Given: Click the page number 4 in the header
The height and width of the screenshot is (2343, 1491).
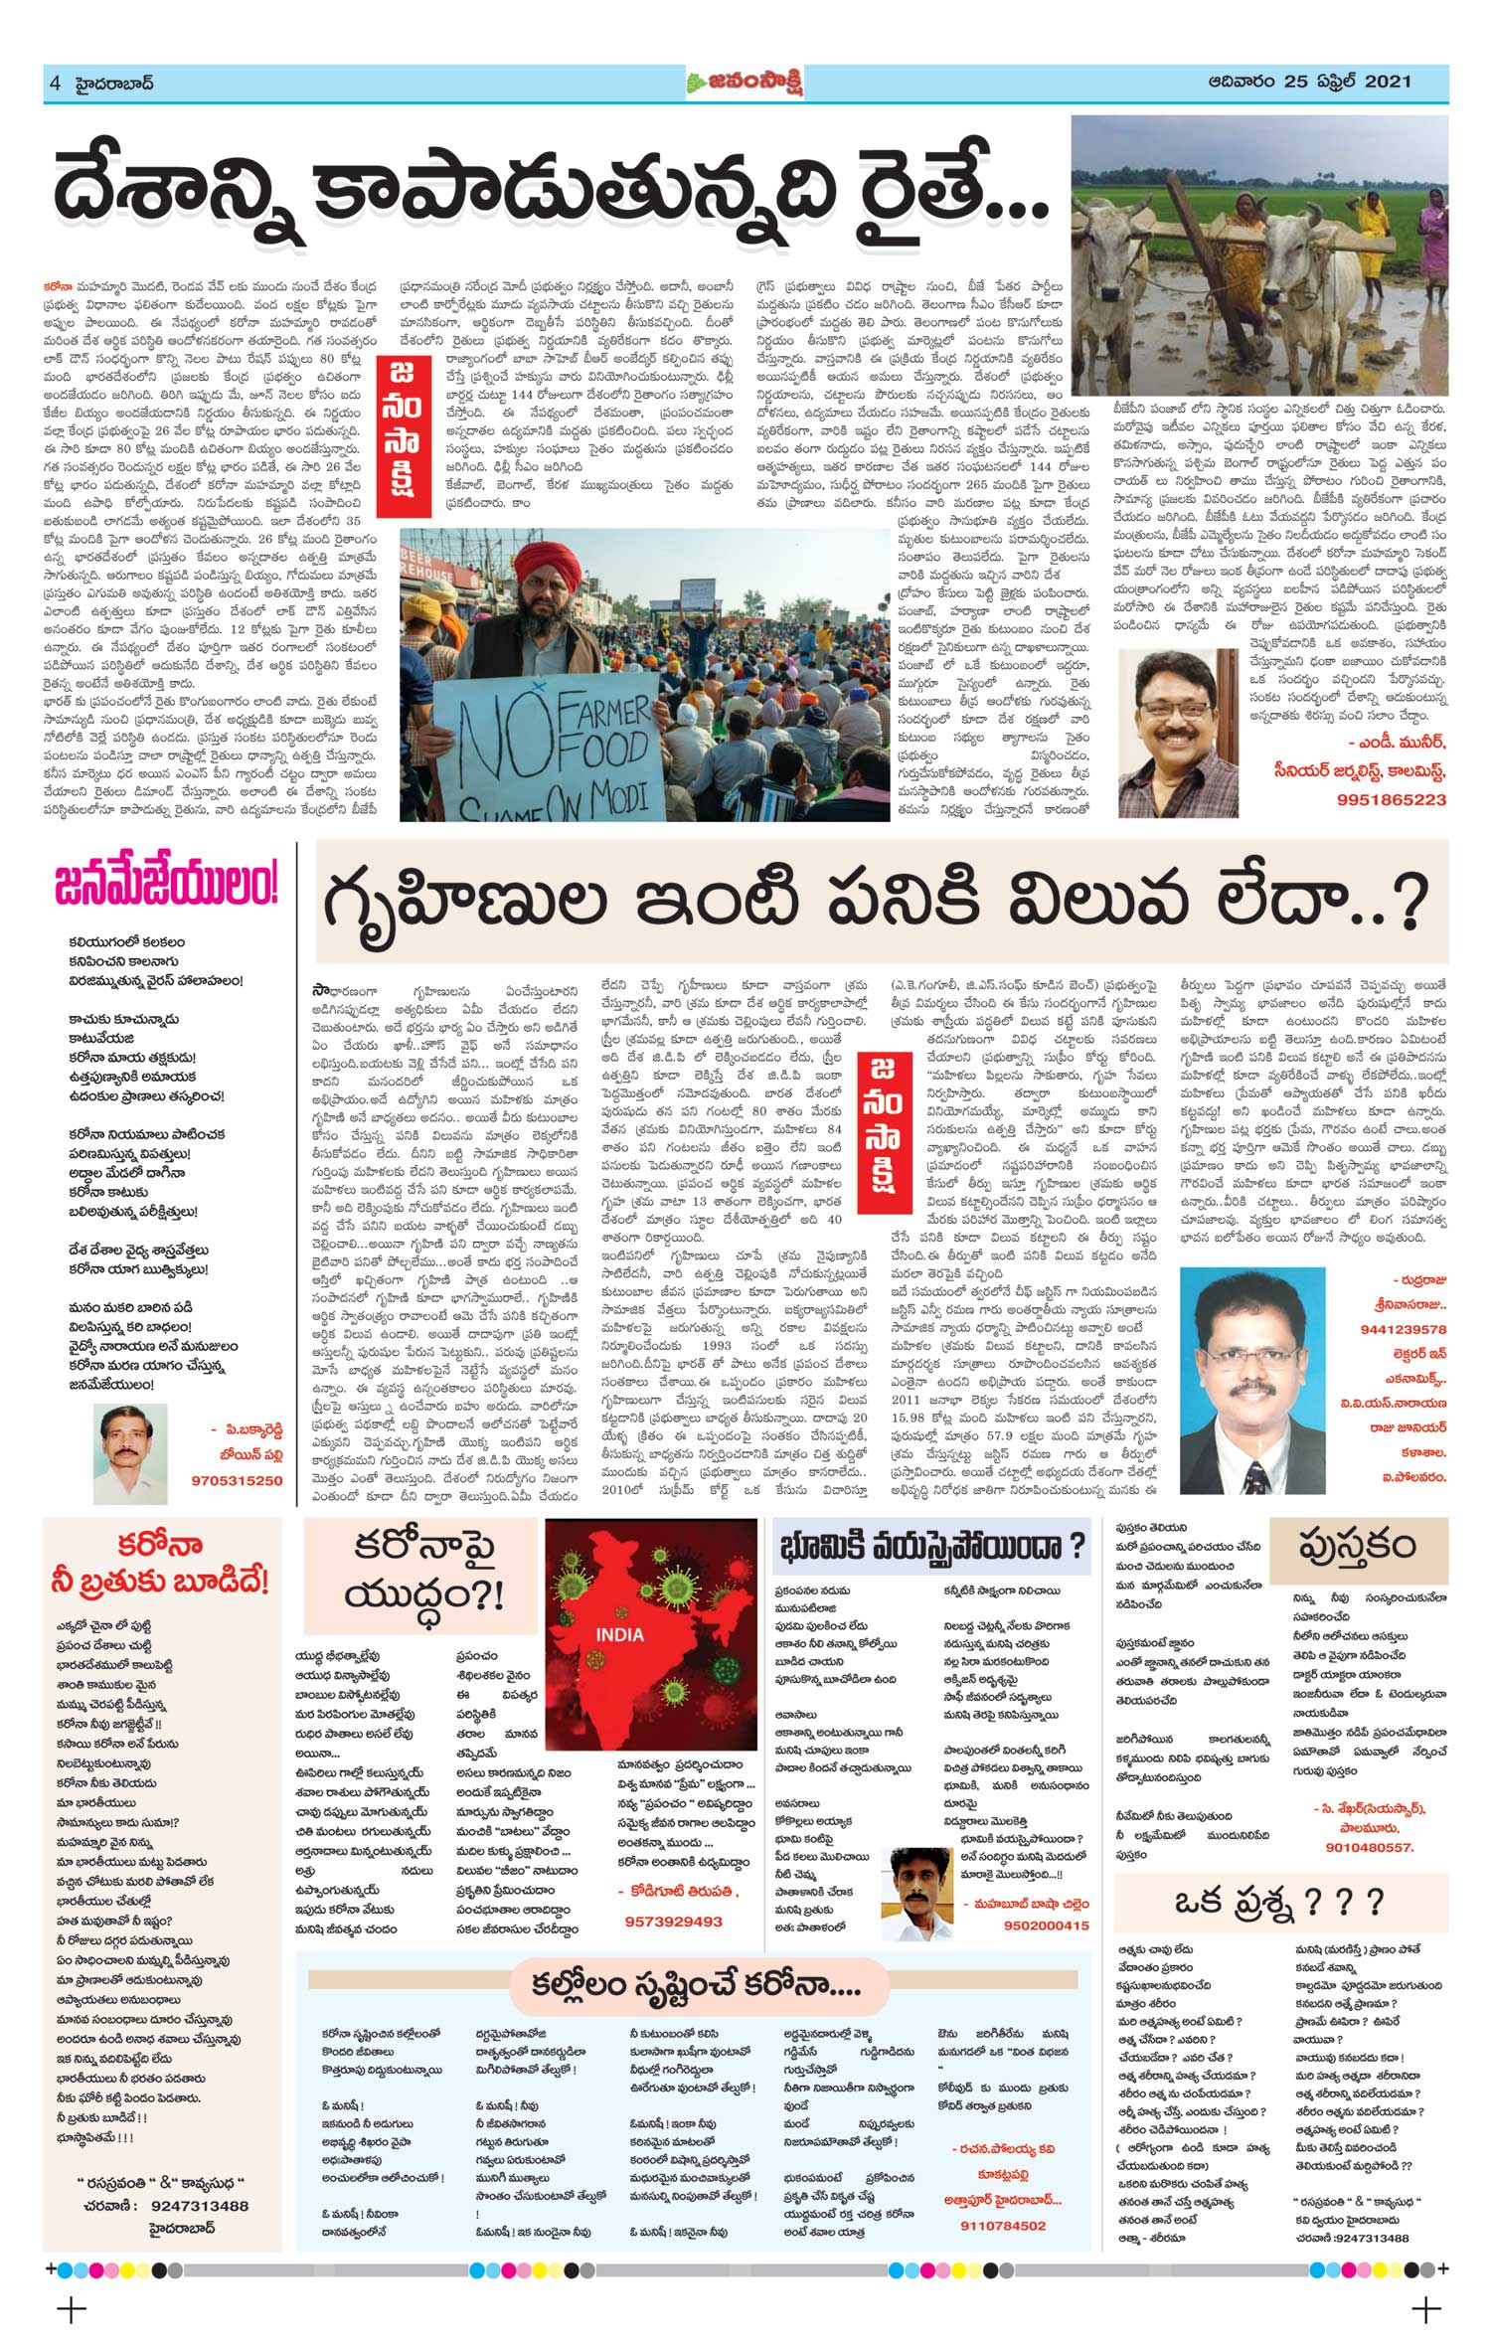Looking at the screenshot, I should click(x=55, y=84).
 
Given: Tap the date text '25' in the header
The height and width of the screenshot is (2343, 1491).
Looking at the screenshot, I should click(x=1298, y=82).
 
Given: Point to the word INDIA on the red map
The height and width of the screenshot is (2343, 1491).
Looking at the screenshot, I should click(x=619, y=1634).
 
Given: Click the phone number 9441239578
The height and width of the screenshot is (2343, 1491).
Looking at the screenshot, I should click(x=1403, y=1329).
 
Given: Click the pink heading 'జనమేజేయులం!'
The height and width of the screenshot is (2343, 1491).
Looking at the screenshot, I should click(x=166, y=887).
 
